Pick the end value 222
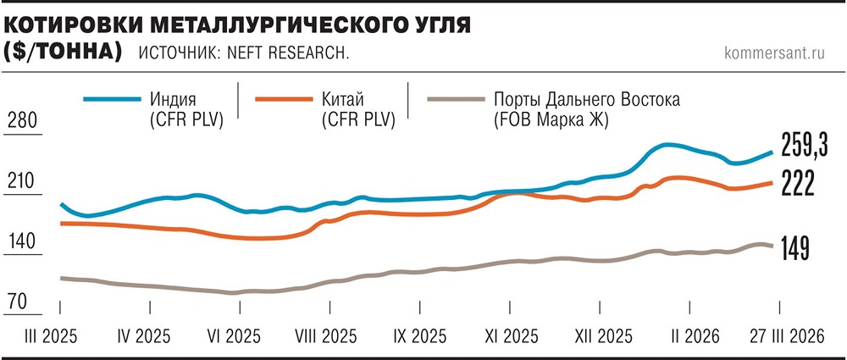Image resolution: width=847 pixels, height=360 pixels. coord(797,182)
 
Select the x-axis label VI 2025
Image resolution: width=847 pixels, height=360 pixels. coord(236,335)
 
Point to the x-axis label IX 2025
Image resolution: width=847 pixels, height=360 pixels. coord(419,335)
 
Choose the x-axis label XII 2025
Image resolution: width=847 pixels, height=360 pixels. coord(601,335)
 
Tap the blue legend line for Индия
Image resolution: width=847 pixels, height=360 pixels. coord(113,99)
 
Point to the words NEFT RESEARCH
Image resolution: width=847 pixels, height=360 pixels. coord(297,53)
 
